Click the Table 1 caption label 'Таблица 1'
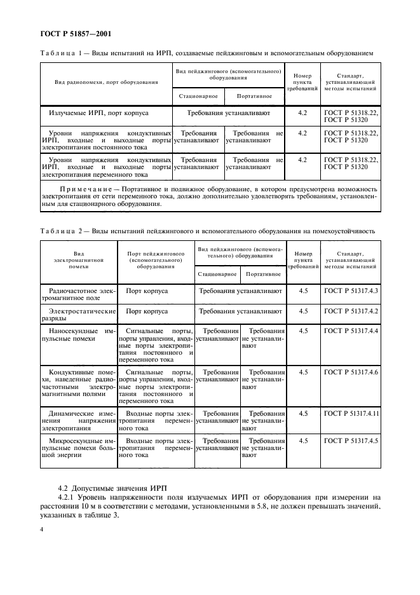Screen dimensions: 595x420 coord(61,53)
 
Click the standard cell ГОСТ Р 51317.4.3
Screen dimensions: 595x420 coord(351,291)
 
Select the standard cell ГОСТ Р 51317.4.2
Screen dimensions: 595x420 coord(351,311)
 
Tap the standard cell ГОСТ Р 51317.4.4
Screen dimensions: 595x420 coord(351,331)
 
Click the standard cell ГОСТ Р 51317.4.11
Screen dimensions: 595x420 coord(351,413)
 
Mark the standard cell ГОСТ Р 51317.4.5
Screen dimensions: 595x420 coord(351,441)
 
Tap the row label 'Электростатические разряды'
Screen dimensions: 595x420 coord(78,316)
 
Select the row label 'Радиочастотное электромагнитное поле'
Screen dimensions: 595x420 coord(78,295)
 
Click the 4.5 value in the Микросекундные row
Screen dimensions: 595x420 coord(303,441)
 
